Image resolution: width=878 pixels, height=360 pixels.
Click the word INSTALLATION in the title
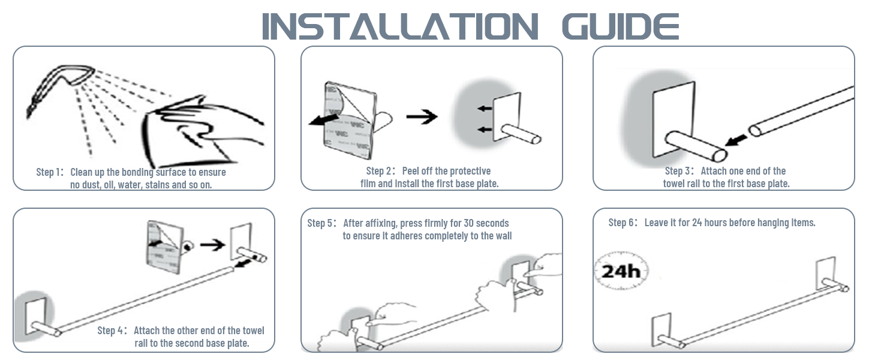point(400,26)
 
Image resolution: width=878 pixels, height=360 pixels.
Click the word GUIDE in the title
point(621,26)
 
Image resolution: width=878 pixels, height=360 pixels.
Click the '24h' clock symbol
point(621,271)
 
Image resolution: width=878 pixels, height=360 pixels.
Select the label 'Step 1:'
point(50,172)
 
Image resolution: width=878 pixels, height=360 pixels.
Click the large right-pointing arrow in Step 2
point(422,116)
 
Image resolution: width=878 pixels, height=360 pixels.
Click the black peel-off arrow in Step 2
point(324,119)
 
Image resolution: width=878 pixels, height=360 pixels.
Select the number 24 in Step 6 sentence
point(697,223)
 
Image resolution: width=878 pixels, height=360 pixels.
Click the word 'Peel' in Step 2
point(410,171)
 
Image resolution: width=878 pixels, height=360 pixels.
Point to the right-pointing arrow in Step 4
point(213,245)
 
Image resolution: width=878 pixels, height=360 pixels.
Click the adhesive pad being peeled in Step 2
point(348,119)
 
